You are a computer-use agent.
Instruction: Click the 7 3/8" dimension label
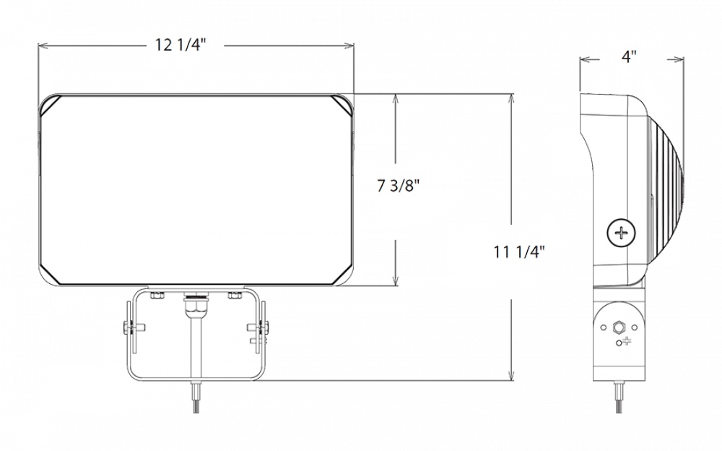click(396, 186)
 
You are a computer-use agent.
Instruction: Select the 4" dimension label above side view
click(627, 56)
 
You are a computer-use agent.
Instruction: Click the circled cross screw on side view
click(622, 233)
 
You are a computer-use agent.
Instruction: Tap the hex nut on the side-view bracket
click(618, 327)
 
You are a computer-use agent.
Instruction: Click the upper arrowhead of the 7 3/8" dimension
click(395, 100)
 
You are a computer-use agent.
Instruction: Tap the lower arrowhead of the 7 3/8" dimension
click(395, 278)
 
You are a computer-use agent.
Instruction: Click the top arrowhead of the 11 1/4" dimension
click(511, 100)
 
